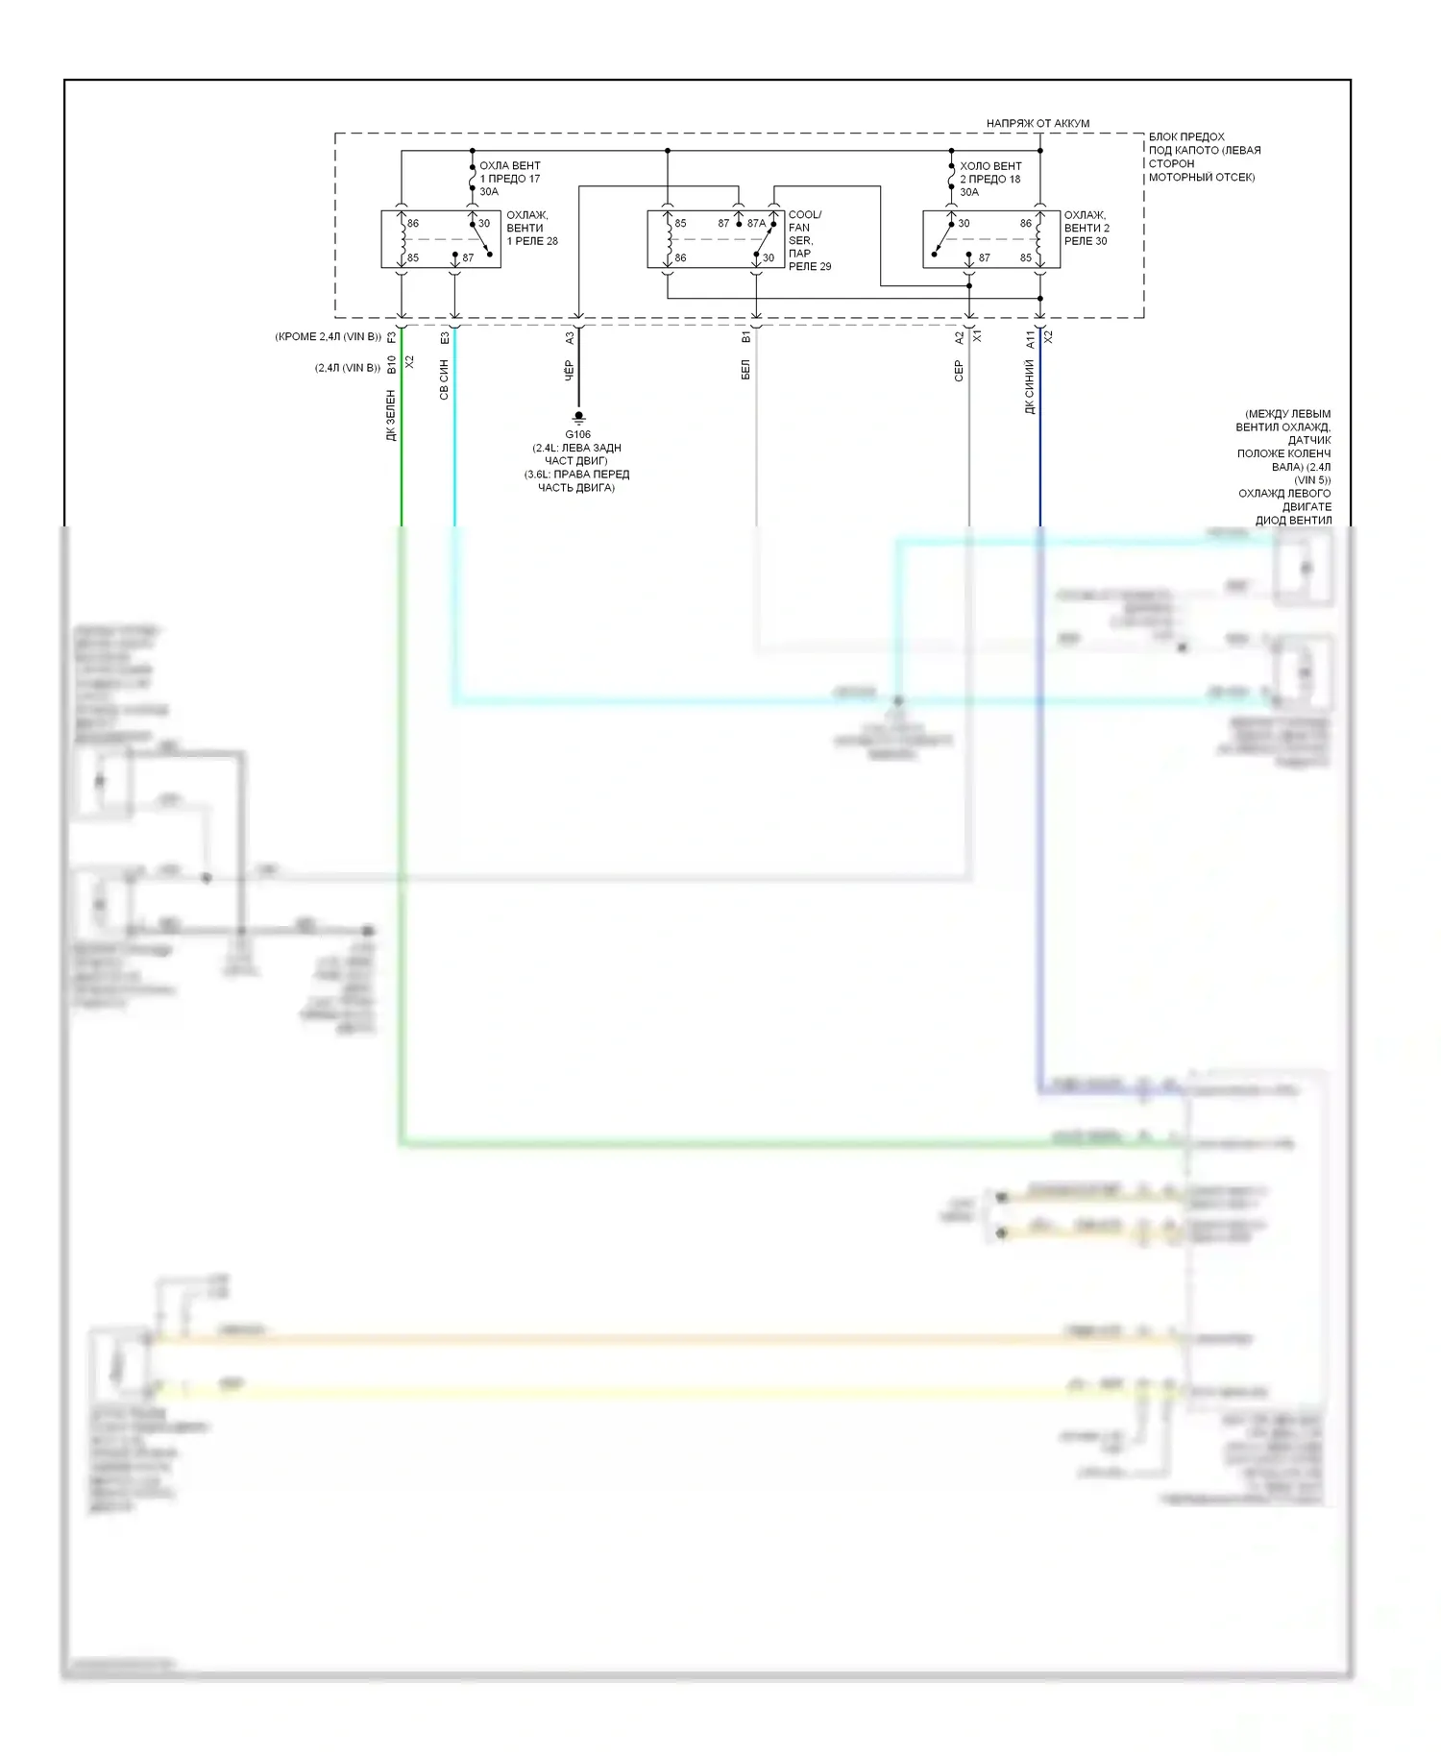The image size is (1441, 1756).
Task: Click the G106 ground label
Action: pos(577,434)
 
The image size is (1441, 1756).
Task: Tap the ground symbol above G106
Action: pos(578,418)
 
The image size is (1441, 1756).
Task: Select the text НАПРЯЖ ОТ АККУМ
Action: pos(1038,124)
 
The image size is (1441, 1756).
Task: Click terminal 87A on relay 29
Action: pos(757,224)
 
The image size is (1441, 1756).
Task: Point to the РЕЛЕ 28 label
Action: pos(532,241)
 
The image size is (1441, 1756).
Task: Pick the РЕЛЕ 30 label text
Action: pos(1086,241)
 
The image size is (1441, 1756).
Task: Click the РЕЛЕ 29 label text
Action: pos(810,266)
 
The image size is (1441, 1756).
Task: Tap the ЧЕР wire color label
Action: pos(569,371)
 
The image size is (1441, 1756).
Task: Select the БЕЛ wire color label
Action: pos(745,371)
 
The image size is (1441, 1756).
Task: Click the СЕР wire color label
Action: pos(959,372)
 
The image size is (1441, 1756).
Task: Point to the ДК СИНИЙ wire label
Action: pos(1030,387)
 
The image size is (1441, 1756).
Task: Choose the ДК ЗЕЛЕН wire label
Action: pos(391,415)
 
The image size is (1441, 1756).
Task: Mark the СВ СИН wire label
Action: pos(444,379)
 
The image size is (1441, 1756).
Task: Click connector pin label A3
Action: pos(570,338)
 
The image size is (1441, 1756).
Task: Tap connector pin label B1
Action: pos(746,338)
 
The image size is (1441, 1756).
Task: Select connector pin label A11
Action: pos(1030,339)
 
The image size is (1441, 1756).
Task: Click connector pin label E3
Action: pos(445,338)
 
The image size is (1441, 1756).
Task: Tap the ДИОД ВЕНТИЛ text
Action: pos(1293,521)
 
